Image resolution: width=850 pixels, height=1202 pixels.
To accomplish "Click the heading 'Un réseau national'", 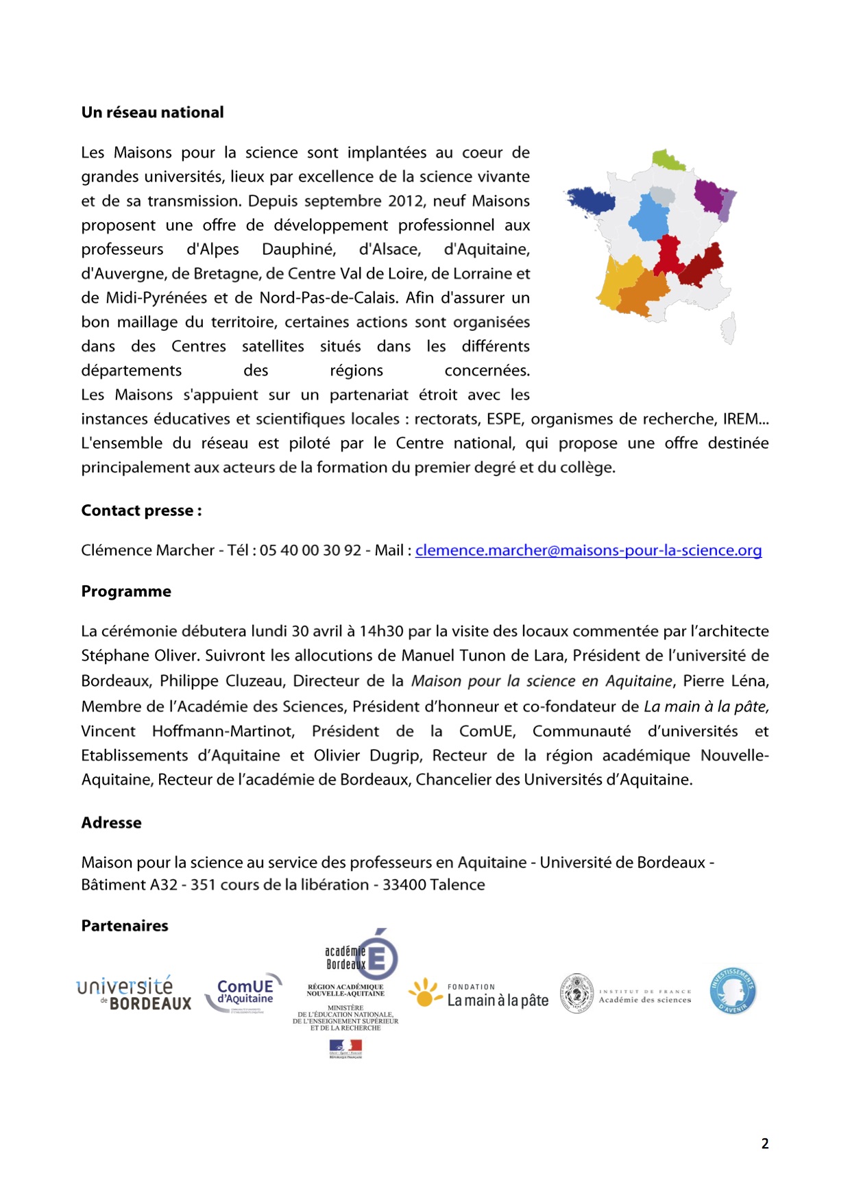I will pyautogui.click(x=152, y=112).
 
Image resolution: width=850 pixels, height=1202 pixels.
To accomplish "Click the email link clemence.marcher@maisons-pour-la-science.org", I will pyautogui.click(x=588, y=550).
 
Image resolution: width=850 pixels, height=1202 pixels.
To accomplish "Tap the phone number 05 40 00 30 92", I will pyautogui.click(x=311, y=550).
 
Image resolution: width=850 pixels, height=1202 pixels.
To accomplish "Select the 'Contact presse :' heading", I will pyautogui.click(x=141, y=511).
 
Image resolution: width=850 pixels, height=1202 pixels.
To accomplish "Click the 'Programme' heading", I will pyautogui.click(x=126, y=591).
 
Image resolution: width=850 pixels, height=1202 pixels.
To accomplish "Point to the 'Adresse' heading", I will pyautogui.click(x=111, y=822).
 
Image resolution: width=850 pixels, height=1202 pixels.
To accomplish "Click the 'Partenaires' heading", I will pyautogui.click(x=125, y=926).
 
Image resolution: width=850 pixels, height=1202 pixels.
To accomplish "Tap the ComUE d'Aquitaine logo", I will pyautogui.click(x=244, y=992).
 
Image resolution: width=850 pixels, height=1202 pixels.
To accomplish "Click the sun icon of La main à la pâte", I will pyautogui.click(x=425, y=992).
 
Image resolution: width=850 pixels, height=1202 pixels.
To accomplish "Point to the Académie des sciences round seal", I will pyautogui.click(x=577, y=994).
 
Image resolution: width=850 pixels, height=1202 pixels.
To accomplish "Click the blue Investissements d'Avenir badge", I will pyautogui.click(x=733, y=990).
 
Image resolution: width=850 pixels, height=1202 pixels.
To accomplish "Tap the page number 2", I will pyautogui.click(x=765, y=1143).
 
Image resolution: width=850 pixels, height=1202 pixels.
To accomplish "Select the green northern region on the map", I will pyautogui.click(x=666, y=160).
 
